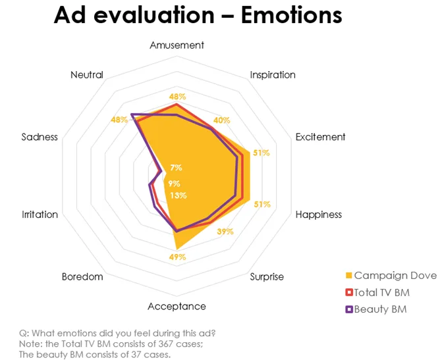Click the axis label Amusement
(177, 45)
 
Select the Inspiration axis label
(273, 75)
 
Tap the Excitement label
(320, 137)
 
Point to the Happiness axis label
(319, 215)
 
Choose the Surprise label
(267, 276)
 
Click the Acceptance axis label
(177, 307)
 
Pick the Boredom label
(82, 276)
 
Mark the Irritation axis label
(40, 215)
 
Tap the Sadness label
(40, 137)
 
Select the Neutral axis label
(87, 75)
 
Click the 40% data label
(221, 120)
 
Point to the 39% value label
(225, 232)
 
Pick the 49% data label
(178, 257)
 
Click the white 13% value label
(179, 195)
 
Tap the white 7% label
(176, 168)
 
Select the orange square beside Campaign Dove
(349, 276)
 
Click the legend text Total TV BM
(381, 292)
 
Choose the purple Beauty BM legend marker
(349, 309)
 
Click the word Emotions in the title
(291, 14)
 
